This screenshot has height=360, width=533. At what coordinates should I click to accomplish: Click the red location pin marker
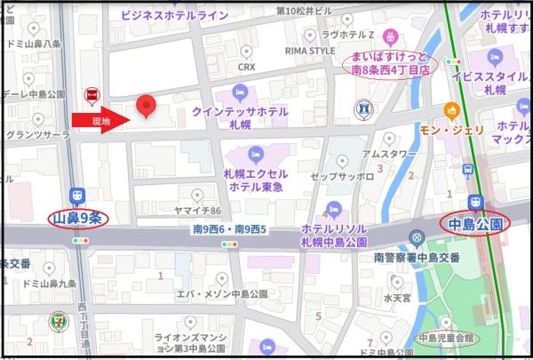point(147,106)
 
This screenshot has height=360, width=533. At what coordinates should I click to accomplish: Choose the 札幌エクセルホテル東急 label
point(257,180)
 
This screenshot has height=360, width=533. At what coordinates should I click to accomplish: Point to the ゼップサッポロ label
point(342,177)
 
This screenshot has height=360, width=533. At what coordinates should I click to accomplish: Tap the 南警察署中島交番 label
point(417,257)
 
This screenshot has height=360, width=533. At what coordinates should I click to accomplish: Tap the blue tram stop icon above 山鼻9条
point(78,196)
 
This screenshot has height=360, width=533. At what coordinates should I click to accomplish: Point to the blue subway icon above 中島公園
point(475,202)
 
